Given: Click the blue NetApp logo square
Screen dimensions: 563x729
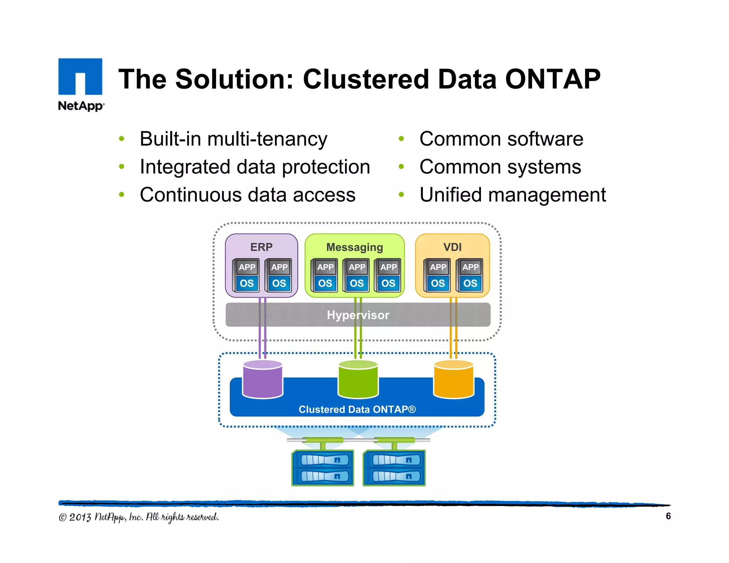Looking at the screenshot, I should click(x=80, y=76).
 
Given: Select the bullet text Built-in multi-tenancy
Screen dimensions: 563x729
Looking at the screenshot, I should click(x=233, y=139).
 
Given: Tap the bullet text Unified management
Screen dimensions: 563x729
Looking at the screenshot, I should click(x=512, y=195).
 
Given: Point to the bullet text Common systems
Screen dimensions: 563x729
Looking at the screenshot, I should click(x=500, y=167).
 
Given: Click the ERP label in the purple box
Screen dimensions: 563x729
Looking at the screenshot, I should click(x=261, y=247).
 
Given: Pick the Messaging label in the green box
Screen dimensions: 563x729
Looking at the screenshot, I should click(x=355, y=247).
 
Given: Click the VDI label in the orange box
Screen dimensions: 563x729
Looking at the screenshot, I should click(x=452, y=247).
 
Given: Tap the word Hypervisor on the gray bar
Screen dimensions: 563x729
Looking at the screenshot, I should click(x=358, y=315).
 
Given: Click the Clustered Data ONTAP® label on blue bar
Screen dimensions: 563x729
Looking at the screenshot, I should click(x=357, y=409).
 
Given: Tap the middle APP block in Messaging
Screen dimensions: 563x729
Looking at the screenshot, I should click(x=357, y=267).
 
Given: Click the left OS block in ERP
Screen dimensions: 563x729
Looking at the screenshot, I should click(x=247, y=283).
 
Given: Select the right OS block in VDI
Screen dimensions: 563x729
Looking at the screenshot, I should click(x=470, y=283).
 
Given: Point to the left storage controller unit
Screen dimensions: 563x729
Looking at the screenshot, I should click(x=323, y=468).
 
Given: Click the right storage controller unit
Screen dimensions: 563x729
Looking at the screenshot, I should click(x=394, y=468).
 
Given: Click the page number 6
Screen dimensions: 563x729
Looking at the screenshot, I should click(x=668, y=516).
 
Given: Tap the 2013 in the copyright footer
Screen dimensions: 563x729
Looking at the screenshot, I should click(x=80, y=517).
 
